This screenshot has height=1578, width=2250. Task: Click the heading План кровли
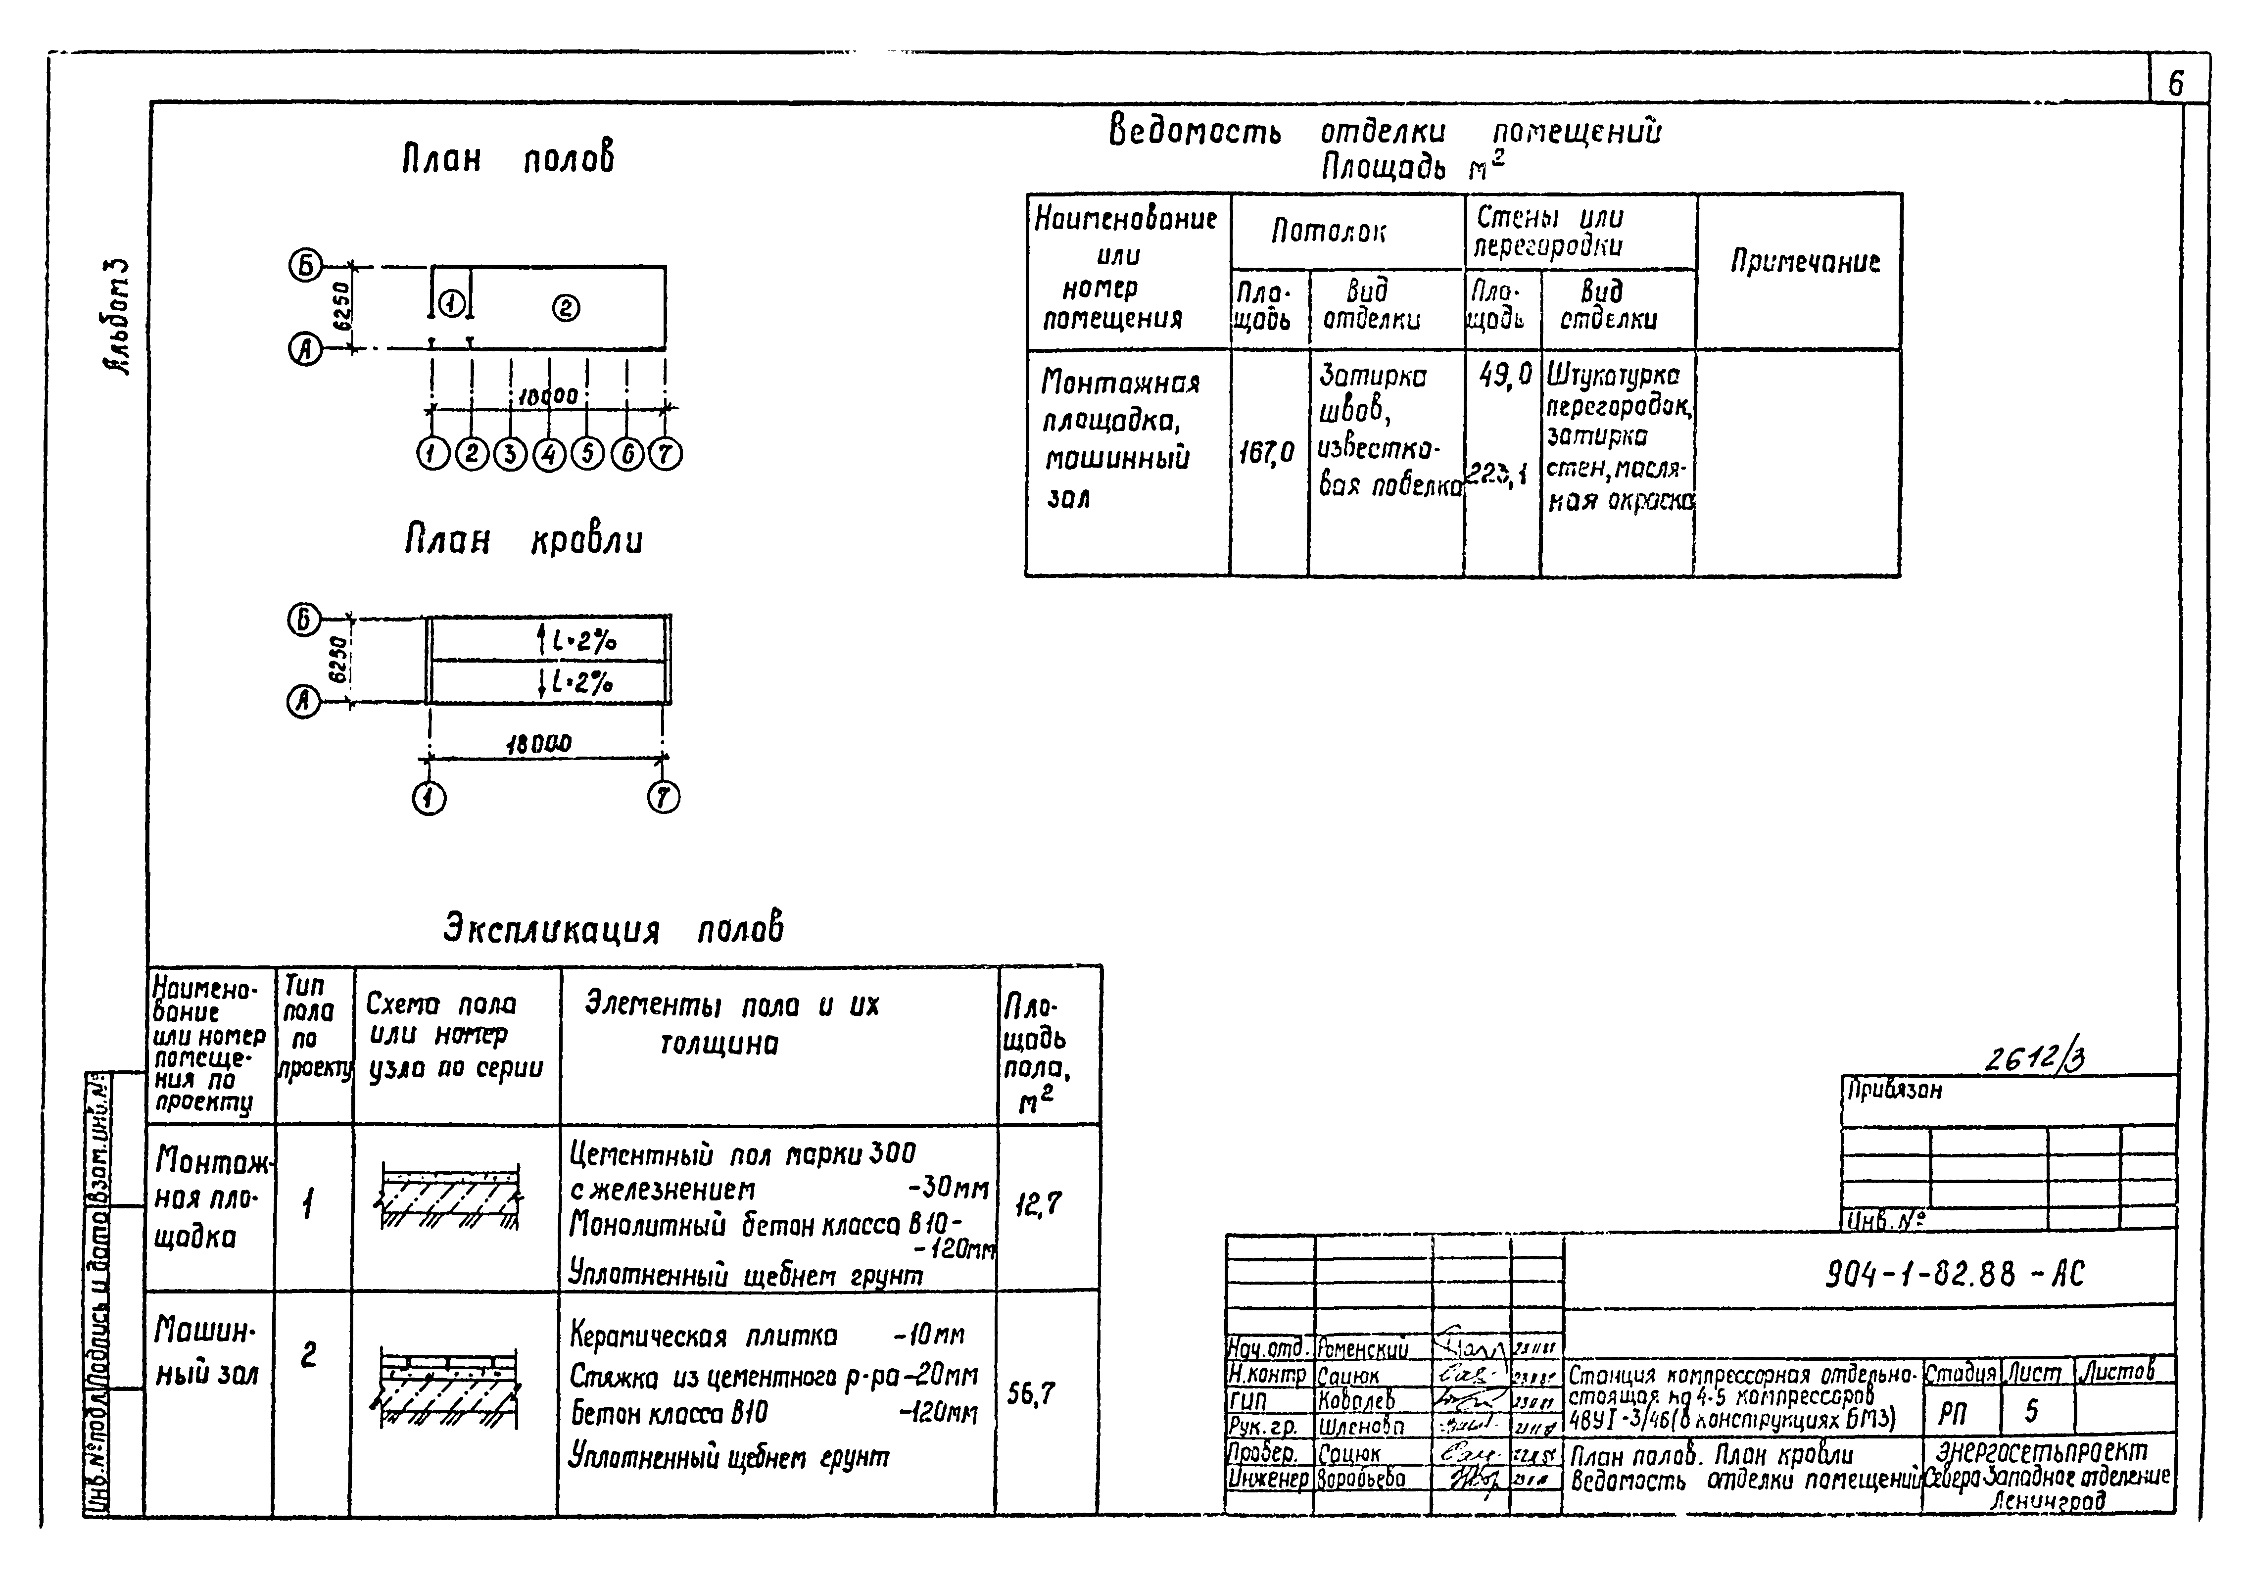(525, 540)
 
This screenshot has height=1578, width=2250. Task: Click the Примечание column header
(1804, 262)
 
